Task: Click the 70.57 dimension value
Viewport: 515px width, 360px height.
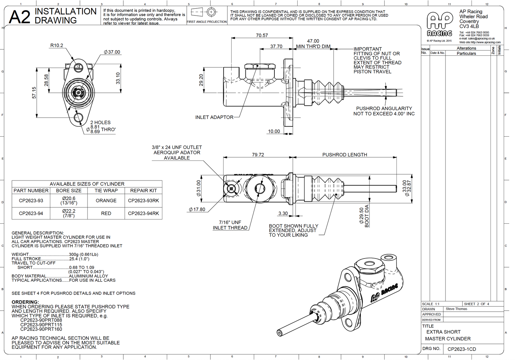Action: click(x=262, y=35)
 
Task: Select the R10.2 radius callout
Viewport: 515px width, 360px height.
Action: click(x=57, y=45)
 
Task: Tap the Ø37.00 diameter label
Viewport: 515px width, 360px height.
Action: click(x=112, y=52)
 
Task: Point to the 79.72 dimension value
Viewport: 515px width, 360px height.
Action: click(x=258, y=155)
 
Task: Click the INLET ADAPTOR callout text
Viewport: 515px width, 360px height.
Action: click(x=214, y=117)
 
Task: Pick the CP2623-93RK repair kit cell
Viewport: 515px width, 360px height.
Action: click(x=143, y=200)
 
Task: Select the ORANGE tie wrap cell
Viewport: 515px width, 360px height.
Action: click(x=106, y=200)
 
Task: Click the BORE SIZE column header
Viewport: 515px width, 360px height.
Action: click(x=69, y=190)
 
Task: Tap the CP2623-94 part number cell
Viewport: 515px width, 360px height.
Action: click(x=31, y=213)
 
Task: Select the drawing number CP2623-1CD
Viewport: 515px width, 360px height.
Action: click(x=462, y=349)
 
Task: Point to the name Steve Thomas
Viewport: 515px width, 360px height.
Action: click(x=456, y=309)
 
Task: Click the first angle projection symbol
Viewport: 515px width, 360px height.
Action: click(x=206, y=13)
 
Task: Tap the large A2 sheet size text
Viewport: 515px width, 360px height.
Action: click(x=20, y=17)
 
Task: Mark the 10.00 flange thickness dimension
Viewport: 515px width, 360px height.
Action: click(x=274, y=131)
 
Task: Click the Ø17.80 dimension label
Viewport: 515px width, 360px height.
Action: click(x=197, y=209)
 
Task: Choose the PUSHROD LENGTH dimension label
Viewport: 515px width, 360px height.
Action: click(x=345, y=155)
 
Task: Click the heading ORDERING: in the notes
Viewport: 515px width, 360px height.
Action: click(x=25, y=302)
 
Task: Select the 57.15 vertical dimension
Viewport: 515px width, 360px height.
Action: click(x=34, y=92)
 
